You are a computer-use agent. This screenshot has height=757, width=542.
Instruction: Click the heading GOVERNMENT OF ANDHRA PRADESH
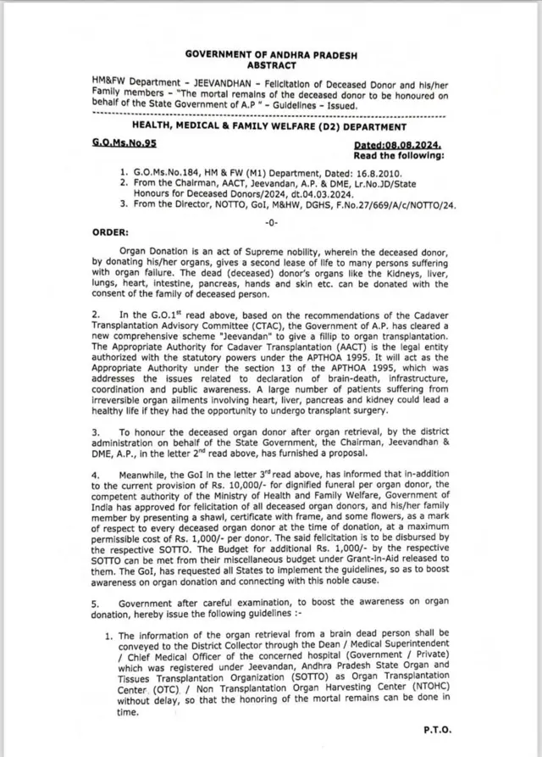pyautogui.click(x=272, y=54)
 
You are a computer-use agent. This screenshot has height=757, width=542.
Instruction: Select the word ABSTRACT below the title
pyautogui.click(x=272, y=64)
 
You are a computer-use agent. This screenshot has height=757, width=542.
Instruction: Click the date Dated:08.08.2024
pyautogui.click(x=398, y=146)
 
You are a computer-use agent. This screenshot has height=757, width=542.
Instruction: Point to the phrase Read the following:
pyautogui.click(x=399, y=155)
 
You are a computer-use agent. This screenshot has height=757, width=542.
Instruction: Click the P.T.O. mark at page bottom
pyautogui.click(x=437, y=729)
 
